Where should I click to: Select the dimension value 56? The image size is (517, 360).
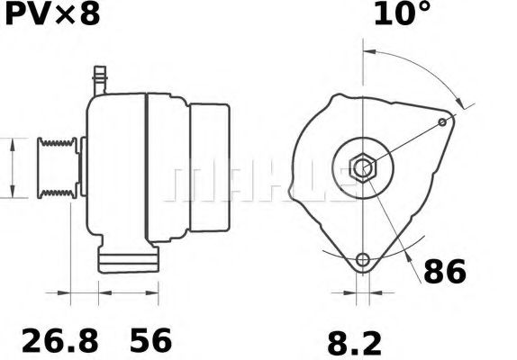tap(150, 341)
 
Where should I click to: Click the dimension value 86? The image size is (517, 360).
tap(446, 271)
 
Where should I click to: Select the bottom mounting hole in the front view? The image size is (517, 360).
tap(362, 261)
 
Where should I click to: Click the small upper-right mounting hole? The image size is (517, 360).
tap(442, 121)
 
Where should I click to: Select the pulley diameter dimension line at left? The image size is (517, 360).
tap(12, 167)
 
